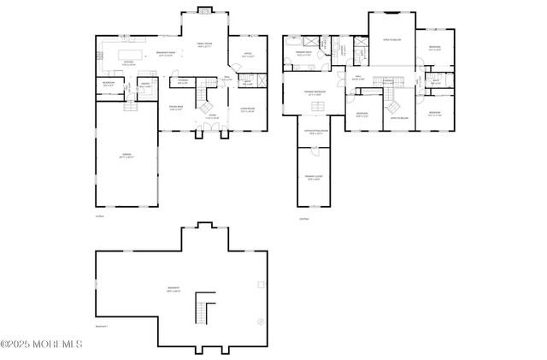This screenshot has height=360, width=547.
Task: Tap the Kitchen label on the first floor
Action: [x=129, y=63]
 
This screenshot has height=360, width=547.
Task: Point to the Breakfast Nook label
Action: [x=168, y=55]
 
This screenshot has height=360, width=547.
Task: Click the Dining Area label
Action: [x=176, y=109]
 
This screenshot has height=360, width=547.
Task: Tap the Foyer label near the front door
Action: [x=210, y=117]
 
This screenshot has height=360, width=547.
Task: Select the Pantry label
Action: [x=145, y=86]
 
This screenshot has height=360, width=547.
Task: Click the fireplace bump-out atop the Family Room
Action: [x=204, y=10]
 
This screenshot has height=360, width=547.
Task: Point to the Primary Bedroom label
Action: [x=315, y=93]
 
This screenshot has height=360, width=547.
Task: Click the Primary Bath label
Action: [x=303, y=54]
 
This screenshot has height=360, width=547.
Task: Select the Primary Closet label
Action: [x=313, y=179]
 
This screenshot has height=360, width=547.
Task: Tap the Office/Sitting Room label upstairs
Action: [x=315, y=132]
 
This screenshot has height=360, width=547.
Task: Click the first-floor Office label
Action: [x=247, y=56]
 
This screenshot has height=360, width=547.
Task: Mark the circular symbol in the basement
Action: [x=259, y=322]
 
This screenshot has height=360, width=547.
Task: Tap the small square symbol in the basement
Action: [x=261, y=283]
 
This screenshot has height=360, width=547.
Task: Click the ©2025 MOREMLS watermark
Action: [x=41, y=344]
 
